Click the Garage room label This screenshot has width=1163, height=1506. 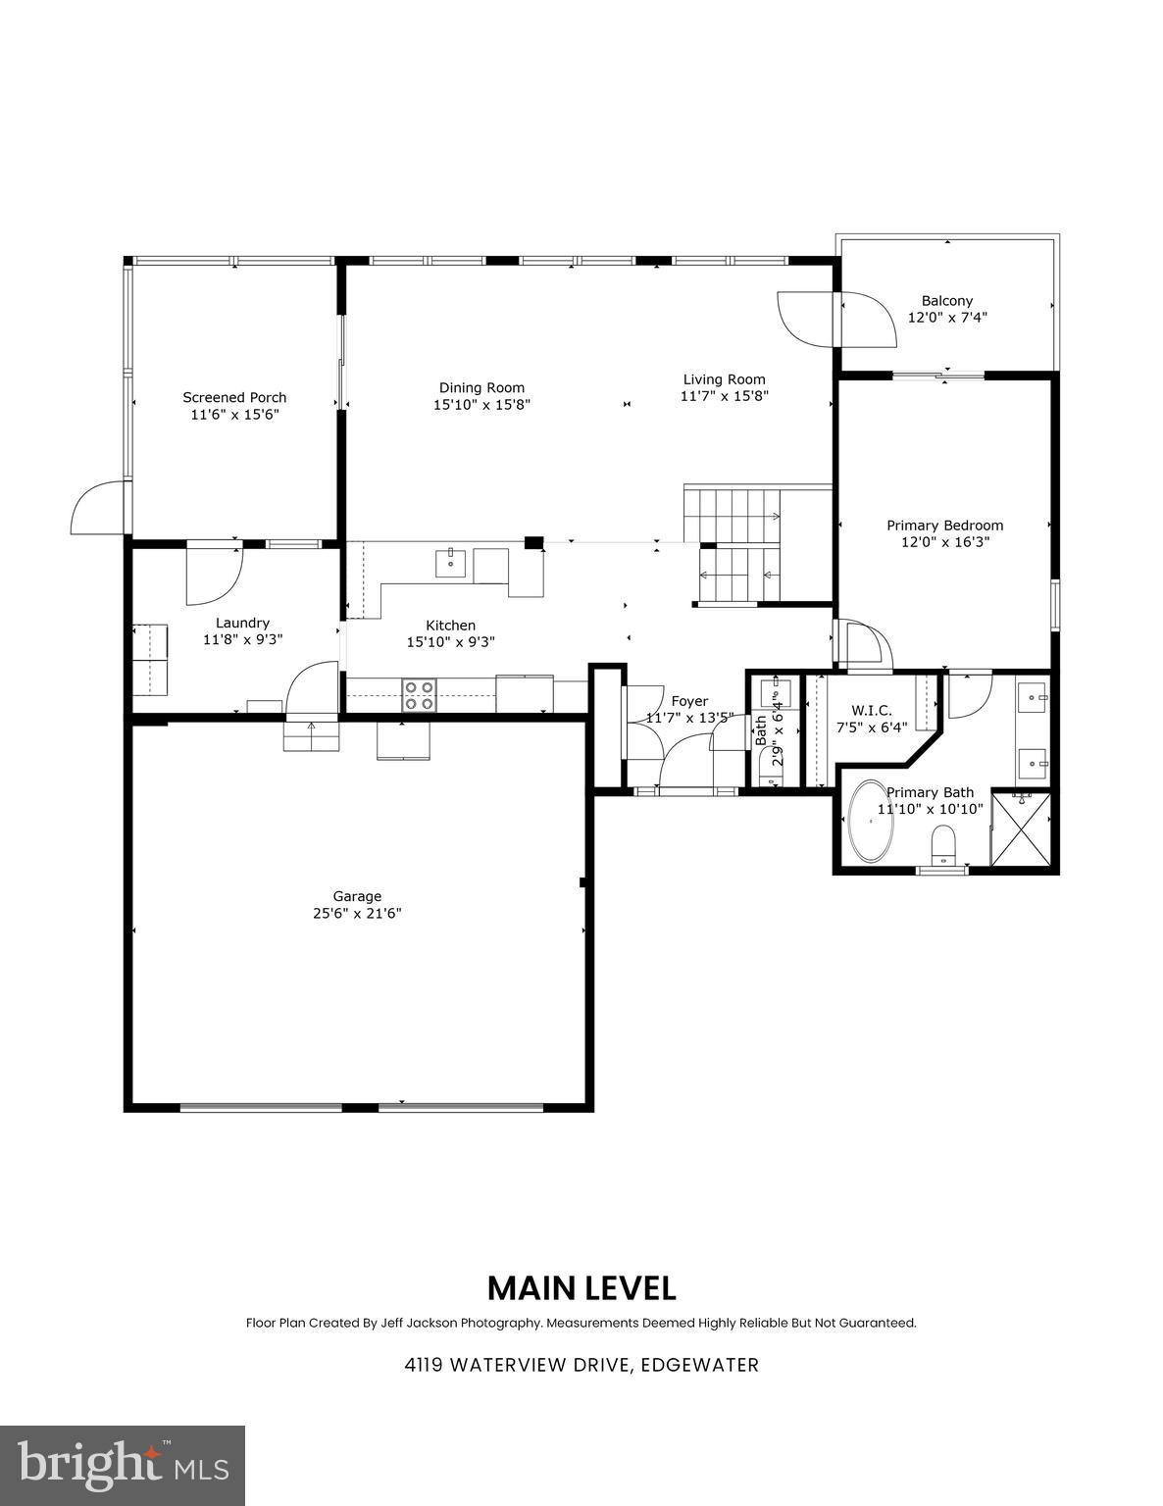click(357, 896)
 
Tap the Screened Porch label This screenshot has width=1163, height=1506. click(234, 397)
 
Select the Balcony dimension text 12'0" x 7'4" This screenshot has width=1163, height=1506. click(946, 318)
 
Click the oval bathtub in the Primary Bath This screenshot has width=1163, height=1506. click(870, 822)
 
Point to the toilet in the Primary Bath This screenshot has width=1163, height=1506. click(943, 842)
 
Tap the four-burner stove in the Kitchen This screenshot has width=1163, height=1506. click(420, 695)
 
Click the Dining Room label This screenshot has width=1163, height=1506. click(481, 387)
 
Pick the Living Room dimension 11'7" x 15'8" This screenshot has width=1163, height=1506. click(725, 396)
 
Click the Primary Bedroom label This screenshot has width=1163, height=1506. click(944, 525)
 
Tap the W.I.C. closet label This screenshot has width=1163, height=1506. click(871, 710)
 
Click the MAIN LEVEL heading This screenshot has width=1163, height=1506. click(581, 1287)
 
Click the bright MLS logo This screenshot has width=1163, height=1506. click(123, 1466)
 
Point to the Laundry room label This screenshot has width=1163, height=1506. click(242, 623)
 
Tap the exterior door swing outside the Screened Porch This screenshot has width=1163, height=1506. click(96, 510)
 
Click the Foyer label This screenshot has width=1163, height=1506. click(689, 701)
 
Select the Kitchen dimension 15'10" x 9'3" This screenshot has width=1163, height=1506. click(450, 642)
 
